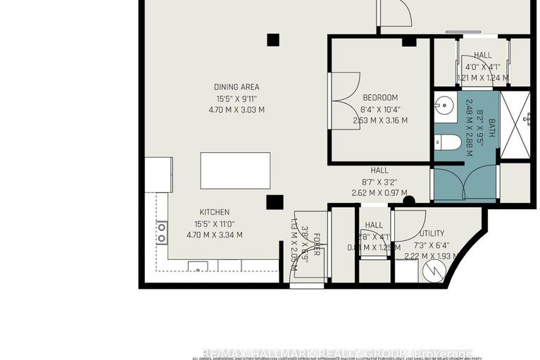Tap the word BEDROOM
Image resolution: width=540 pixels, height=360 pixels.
pos(380,97)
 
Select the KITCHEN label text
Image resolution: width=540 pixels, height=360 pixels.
pos(214,212)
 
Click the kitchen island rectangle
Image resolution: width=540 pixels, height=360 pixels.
pos(235,170)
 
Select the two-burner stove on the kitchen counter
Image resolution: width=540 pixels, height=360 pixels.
pos(162,232)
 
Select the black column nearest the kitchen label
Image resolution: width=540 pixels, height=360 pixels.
pos(275,203)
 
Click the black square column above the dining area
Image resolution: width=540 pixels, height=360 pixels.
pos(273,39)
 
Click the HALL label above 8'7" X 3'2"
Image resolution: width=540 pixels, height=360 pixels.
pos(380,170)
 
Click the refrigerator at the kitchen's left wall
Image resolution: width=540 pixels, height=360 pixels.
pos(158,175)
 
